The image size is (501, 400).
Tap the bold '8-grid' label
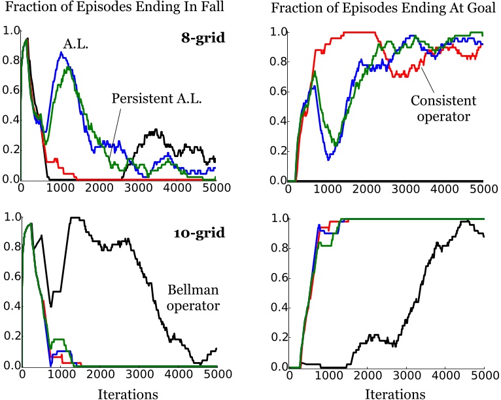pos(203,37)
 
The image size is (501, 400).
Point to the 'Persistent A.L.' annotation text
pos(155,98)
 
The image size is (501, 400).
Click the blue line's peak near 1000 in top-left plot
pos(61,53)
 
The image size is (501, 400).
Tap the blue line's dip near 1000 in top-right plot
pos(328,158)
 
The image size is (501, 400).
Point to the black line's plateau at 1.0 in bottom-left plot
pos(78,218)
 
